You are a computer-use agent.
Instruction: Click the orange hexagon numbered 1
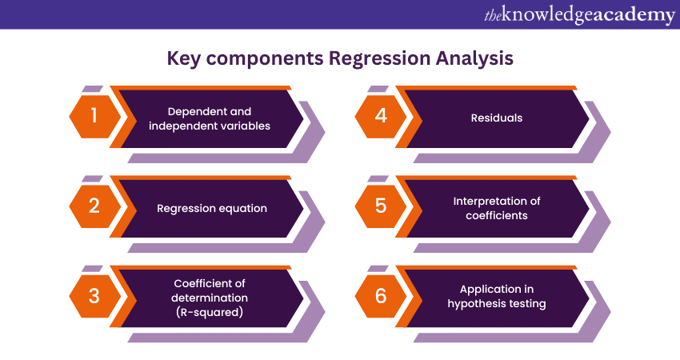point(94,116)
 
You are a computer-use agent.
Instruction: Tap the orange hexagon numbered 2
point(94,206)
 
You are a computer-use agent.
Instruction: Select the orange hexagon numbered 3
point(94,296)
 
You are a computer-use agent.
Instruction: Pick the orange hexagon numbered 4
point(381,116)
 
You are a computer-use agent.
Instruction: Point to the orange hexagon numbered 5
point(381,206)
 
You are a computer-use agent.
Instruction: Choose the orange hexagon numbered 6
point(381,296)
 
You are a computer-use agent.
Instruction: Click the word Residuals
point(497,118)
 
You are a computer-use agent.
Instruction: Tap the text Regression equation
point(212,209)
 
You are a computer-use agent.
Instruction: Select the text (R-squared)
point(210,312)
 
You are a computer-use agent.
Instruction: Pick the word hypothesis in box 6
point(473,304)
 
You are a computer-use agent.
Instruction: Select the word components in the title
point(265,59)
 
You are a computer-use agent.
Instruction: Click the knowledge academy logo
point(579,14)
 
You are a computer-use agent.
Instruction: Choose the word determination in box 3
point(210,298)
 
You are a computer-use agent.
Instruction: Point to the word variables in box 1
point(246,126)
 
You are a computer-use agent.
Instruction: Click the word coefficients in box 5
point(497,215)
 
